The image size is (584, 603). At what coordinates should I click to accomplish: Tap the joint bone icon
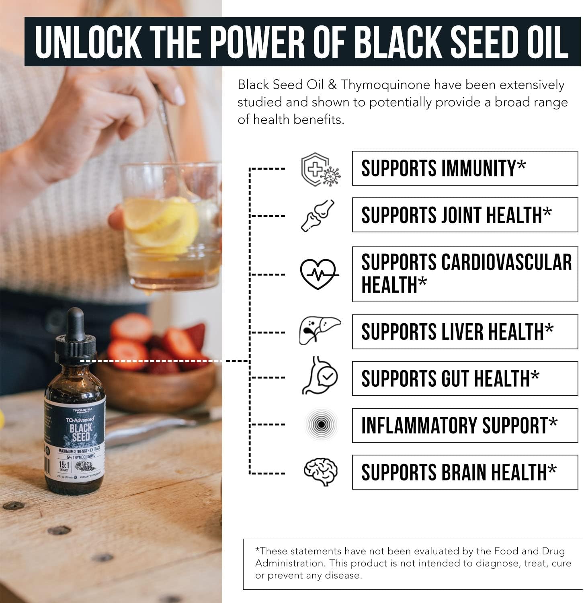[x=318, y=215]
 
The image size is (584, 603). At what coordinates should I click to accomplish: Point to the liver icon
[x=320, y=331]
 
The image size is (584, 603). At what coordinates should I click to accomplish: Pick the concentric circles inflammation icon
[x=320, y=425]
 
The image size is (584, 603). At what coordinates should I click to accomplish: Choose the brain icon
[x=320, y=472]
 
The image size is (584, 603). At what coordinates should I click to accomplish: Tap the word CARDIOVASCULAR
[x=506, y=263]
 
